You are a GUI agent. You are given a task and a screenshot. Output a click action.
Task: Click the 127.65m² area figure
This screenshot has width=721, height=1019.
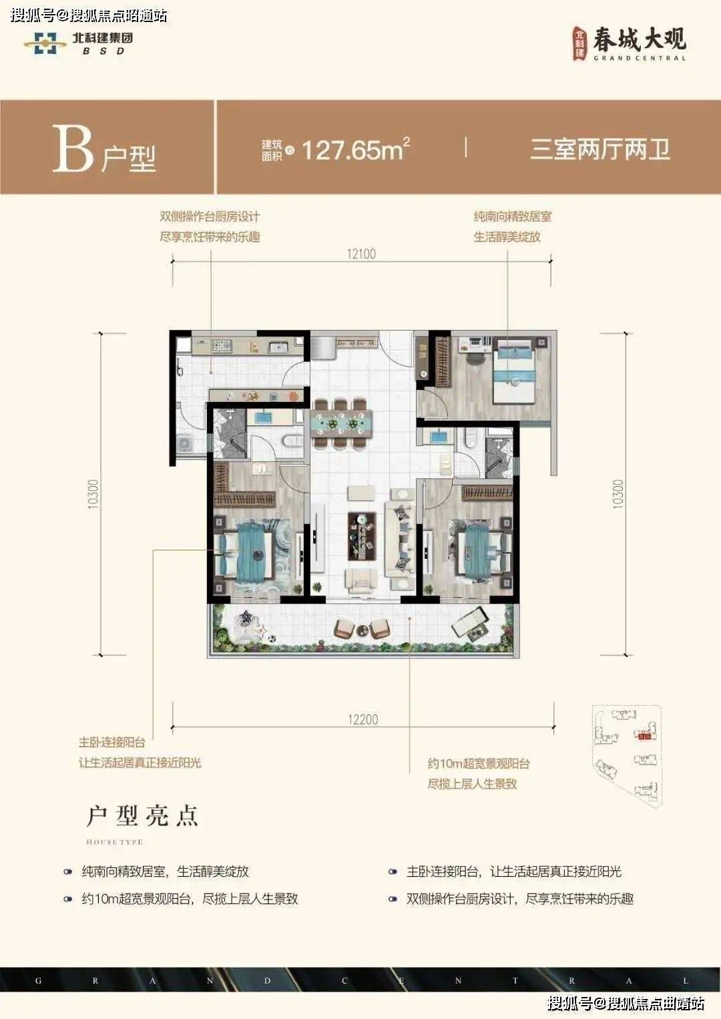[x=354, y=150]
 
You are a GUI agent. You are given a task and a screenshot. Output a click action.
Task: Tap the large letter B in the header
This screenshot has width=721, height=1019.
[x=72, y=149]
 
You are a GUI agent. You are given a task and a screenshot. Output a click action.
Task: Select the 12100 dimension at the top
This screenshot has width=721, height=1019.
[x=361, y=254]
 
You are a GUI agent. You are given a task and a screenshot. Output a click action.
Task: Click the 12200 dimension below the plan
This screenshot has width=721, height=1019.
[x=363, y=719]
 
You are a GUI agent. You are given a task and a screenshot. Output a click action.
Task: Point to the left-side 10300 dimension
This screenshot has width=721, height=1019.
[x=93, y=494]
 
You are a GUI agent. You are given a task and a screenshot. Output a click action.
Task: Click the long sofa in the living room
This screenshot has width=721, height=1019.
[x=400, y=540]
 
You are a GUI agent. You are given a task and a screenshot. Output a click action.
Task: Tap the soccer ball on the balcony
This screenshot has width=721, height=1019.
[x=271, y=639]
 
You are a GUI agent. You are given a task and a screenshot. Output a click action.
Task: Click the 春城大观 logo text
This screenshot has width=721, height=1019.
[x=639, y=40]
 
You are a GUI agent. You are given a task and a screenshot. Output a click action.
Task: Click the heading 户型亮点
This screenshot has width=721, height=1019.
[x=142, y=816]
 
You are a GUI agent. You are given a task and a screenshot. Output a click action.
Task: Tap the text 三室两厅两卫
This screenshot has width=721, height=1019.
[x=599, y=149]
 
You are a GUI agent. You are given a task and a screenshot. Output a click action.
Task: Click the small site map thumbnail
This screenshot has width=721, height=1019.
[x=628, y=755]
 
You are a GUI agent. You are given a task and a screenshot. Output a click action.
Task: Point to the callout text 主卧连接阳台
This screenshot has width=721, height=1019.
[x=112, y=742]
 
